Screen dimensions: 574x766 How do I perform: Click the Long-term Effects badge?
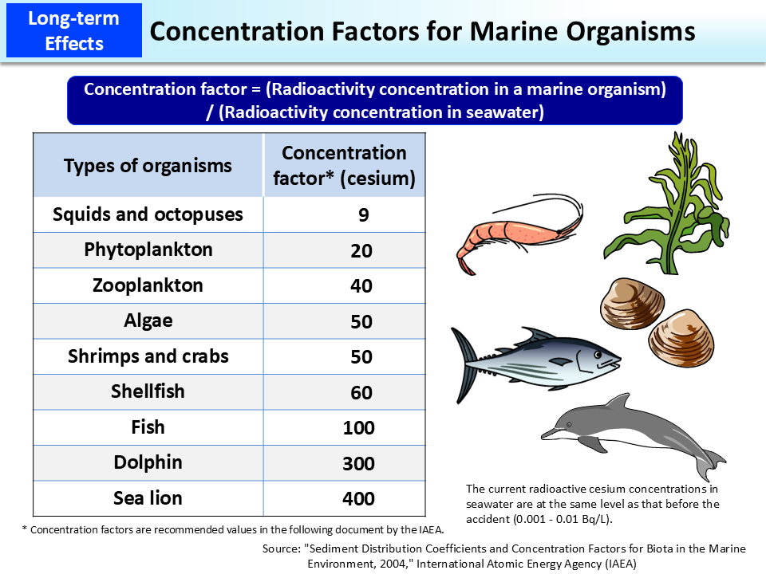point(73,29)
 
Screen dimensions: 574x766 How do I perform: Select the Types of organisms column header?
point(148,166)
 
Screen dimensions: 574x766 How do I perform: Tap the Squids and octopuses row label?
point(148,214)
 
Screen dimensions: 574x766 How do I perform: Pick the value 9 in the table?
point(363,215)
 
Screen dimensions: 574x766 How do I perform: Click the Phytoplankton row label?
point(148,250)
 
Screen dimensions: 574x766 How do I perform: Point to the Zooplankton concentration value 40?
point(361,286)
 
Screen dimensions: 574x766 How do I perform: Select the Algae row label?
point(148,320)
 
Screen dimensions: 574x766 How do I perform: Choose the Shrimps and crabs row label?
point(148,356)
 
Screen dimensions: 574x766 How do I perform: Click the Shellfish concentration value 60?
point(361,392)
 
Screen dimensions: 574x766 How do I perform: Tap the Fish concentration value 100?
point(358,428)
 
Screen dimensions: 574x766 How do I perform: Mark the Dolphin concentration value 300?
point(358,463)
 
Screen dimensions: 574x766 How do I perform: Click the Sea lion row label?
point(148,498)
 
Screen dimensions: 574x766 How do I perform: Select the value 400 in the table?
point(358,499)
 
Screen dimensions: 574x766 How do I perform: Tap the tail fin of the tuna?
point(467,363)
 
